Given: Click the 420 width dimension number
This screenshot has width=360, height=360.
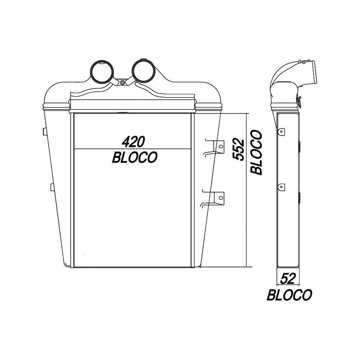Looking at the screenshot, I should [x=133, y=142].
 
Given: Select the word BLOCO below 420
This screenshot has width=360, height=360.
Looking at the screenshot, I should [x=135, y=157].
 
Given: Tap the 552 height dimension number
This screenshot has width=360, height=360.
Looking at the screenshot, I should [x=238, y=149].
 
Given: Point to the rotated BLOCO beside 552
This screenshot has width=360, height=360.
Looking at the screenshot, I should [x=256, y=152].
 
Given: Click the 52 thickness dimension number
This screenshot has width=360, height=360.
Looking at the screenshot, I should [x=288, y=278].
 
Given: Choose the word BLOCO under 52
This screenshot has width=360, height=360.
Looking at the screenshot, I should [x=289, y=295].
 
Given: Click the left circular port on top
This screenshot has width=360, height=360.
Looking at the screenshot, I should [x=100, y=70].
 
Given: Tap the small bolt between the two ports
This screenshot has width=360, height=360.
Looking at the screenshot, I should [x=122, y=83].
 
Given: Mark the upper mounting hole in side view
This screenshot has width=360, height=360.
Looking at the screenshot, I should [x=282, y=131].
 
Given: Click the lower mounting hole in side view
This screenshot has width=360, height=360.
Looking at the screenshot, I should [x=282, y=186].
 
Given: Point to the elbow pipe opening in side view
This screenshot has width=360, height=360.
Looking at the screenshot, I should [x=312, y=72].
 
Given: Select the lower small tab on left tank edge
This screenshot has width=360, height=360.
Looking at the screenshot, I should [x=51, y=187].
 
